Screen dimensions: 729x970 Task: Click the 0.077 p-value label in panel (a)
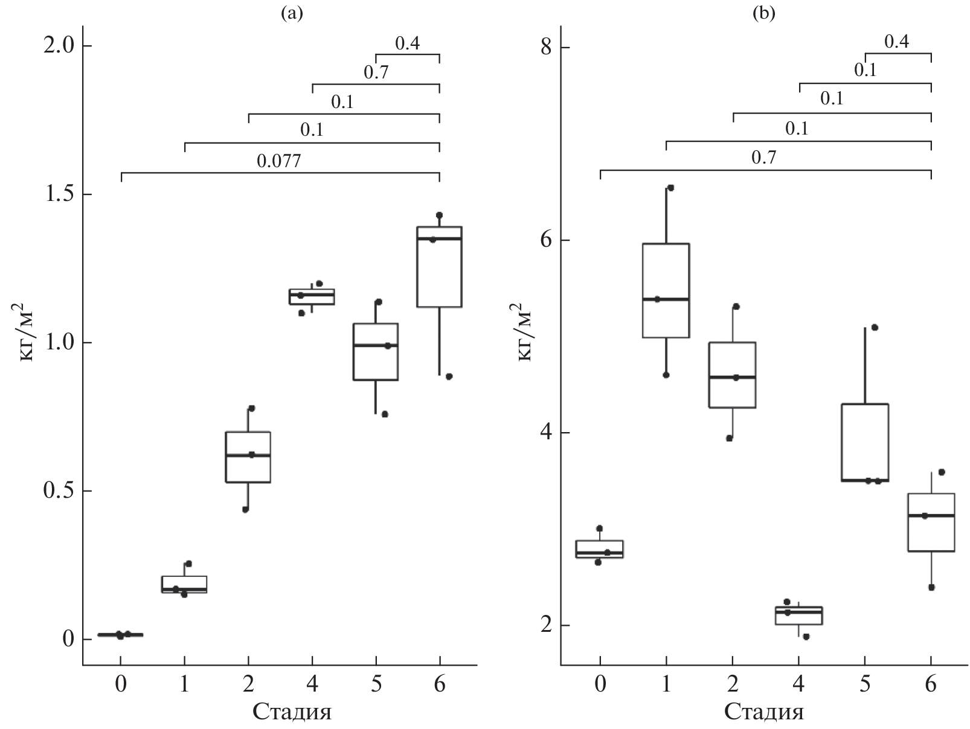coord(279,161)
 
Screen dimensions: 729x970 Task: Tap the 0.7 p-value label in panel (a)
coord(376,73)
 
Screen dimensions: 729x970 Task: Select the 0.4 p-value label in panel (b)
coord(897,41)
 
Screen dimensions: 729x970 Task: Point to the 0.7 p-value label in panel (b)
coord(764,158)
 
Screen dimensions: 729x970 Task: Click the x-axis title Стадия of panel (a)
coord(292,711)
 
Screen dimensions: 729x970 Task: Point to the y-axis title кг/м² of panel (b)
coord(523,336)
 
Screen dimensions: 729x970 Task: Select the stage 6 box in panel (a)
coord(439,267)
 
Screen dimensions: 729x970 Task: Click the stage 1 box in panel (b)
coord(666,290)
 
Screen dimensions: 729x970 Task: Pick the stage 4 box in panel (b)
coord(799,616)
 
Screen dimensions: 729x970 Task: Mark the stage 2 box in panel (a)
coord(248,457)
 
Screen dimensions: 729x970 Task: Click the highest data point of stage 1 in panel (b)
coord(670,188)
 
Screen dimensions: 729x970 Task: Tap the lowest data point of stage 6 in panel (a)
coord(449,377)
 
